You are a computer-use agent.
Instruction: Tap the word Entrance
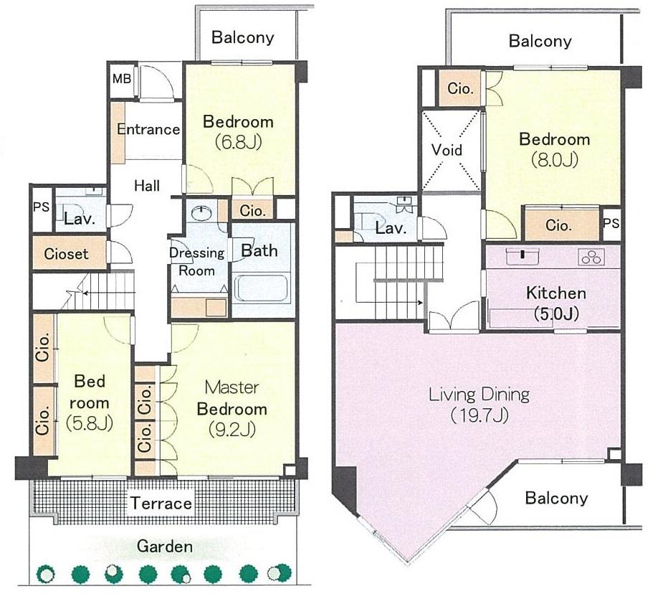pyautogui.click(x=148, y=129)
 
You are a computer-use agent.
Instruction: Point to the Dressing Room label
pyautogui.click(x=196, y=262)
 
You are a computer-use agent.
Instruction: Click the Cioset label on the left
pyautogui.click(x=67, y=253)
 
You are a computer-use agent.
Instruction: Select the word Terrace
pyautogui.click(x=161, y=503)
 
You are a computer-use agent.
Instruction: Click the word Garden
pyautogui.click(x=165, y=547)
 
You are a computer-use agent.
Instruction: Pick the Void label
pyautogui.click(x=447, y=151)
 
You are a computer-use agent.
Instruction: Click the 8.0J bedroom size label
pyautogui.click(x=555, y=159)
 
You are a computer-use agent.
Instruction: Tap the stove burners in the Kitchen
pyautogui.click(x=592, y=256)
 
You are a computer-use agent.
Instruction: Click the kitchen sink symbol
pyautogui.click(x=523, y=255)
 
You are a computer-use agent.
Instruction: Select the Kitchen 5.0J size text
pyautogui.click(x=556, y=313)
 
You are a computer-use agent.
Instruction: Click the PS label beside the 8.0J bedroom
pyautogui.click(x=611, y=223)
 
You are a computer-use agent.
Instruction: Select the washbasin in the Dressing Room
pyautogui.click(x=203, y=213)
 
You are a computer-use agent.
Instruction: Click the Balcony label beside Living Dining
pyautogui.click(x=556, y=498)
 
